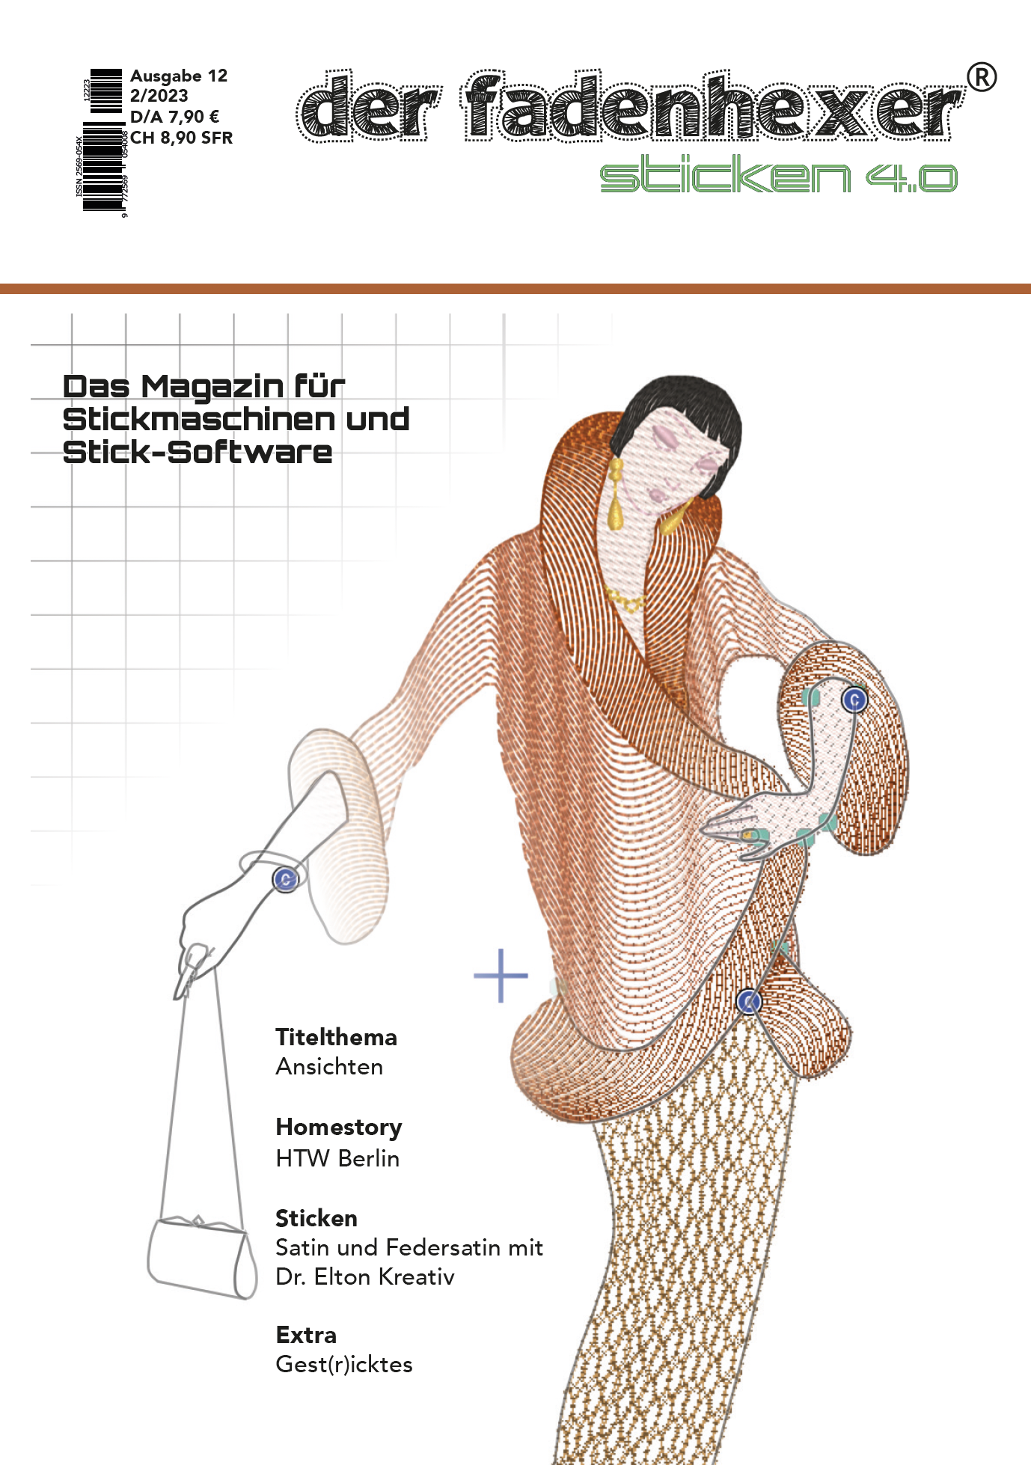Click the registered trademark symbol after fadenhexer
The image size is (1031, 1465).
click(982, 77)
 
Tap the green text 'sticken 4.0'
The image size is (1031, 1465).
click(778, 177)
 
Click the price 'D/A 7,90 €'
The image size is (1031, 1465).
click(174, 117)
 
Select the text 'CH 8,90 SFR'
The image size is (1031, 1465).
click(182, 138)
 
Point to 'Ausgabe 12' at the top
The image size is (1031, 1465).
click(178, 76)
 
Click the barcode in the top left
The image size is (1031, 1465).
click(103, 142)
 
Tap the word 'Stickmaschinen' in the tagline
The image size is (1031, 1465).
click(200, 420)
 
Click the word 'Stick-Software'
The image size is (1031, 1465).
click(198, 453)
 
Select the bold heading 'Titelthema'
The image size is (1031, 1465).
click(336, 1037)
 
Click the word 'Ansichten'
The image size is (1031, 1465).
click(329, 1066)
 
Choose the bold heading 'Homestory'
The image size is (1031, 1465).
click(338, 1127)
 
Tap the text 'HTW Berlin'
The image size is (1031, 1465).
click(337, 1158)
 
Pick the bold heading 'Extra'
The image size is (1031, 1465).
click(306, 1335)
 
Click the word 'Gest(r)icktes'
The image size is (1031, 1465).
click(344, 1364)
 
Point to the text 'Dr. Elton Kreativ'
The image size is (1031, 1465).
click(365, 1276)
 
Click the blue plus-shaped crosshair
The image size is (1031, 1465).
click(501, 976)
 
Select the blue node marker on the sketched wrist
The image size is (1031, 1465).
click(286, 879)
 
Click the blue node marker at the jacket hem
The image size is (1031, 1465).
click(749, 1001)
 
